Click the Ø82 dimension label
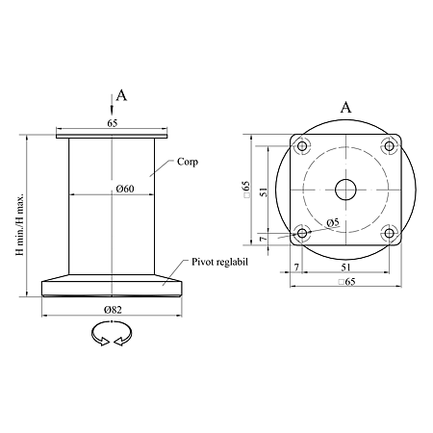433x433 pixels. tap(113, 310)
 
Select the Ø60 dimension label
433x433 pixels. tap(125, 189)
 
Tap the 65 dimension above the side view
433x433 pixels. tap(113, 123)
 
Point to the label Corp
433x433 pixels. tap(188, 162)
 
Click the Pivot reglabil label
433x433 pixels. tap(220, 262)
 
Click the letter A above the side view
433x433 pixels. tap(121, 95)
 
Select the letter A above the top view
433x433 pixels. tap(345, 107)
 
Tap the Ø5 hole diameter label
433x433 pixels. tap(333, 222)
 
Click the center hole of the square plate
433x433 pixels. tap(345, 190)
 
